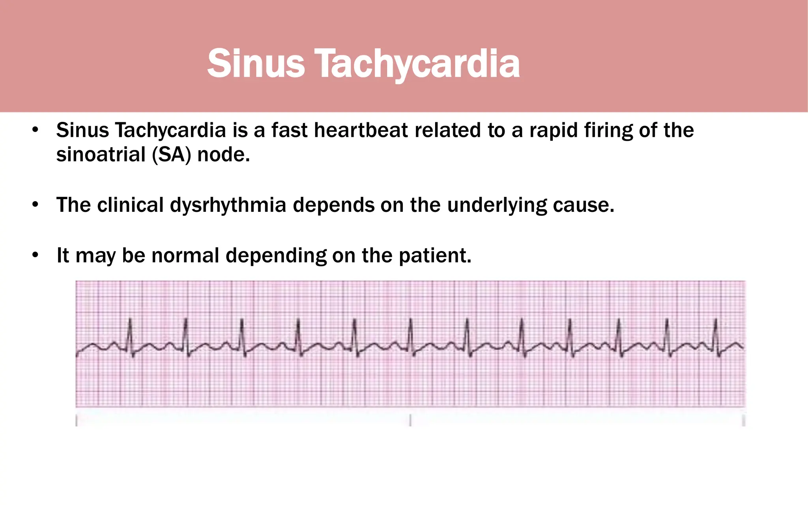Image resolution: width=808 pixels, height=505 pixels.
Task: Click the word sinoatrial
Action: [x=101, y=154]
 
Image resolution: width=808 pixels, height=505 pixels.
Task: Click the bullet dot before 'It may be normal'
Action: [x=36, y=255]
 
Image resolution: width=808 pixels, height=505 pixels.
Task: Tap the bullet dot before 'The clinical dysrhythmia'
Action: [x=36, y=205]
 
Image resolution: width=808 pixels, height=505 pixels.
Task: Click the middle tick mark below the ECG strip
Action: [x=410, y=420]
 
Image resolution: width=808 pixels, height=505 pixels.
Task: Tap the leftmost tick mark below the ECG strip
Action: [x=77, y=420]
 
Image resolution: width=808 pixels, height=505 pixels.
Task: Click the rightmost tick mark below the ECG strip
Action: [x=743, y=420]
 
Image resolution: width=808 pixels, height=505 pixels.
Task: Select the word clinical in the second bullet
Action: [x=130, y=205]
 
